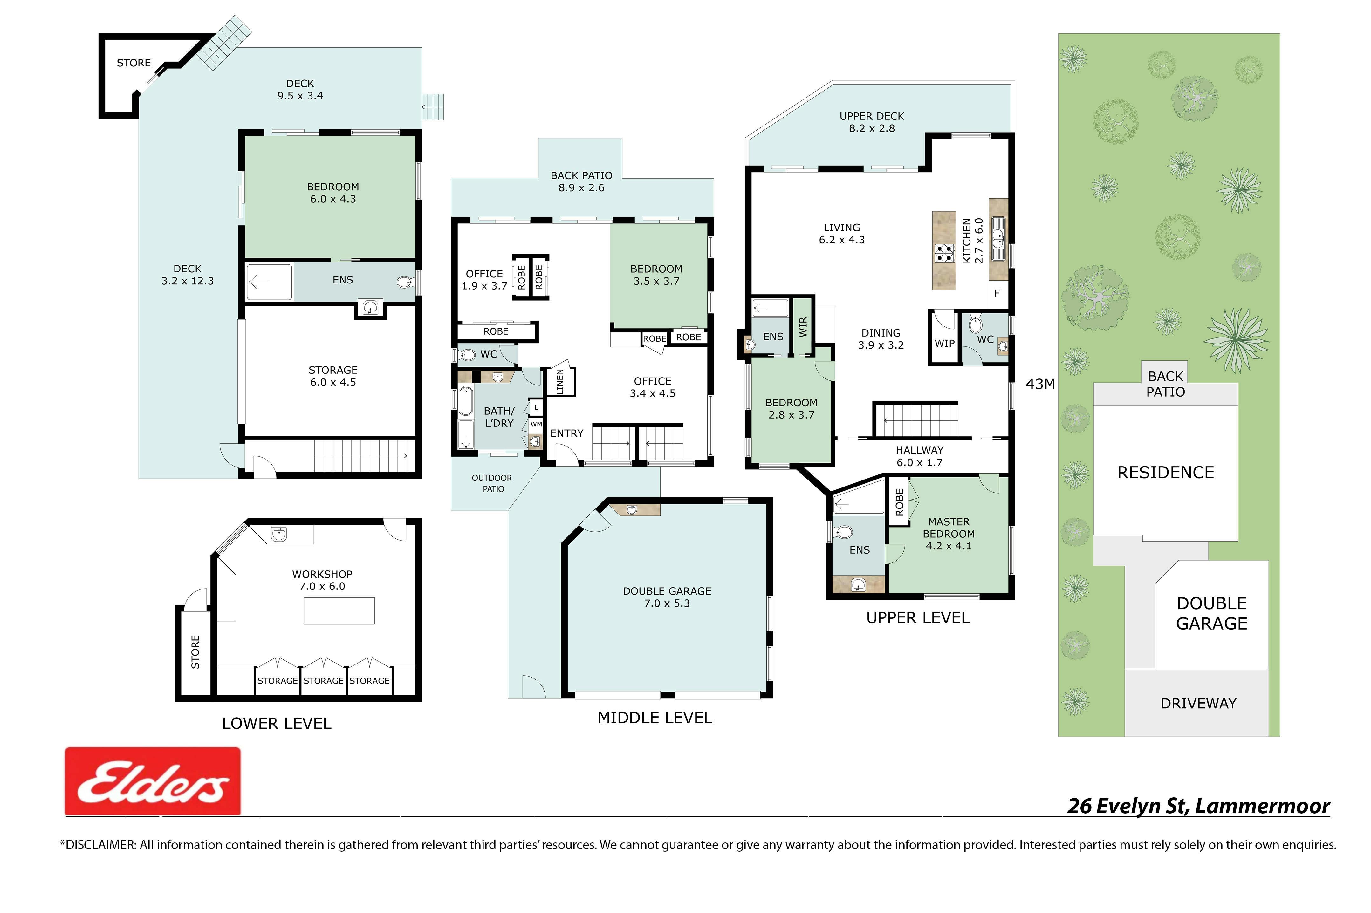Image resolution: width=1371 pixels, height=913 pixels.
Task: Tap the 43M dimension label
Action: point(1040,384)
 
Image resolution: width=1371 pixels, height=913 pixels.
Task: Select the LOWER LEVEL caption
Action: point(277,723)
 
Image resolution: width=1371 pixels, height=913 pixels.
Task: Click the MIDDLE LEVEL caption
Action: point(655,717)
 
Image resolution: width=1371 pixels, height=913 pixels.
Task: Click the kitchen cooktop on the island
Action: point(944,253)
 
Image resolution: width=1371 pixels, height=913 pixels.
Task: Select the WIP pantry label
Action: point(944,344)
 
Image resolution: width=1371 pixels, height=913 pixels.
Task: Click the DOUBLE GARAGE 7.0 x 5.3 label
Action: point(667,597)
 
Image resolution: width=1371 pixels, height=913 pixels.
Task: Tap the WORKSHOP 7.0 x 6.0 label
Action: point(322,580)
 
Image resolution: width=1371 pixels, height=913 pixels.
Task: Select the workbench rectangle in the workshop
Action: point(339,611)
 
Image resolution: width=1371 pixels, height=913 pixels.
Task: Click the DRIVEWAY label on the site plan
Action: point(1198,703)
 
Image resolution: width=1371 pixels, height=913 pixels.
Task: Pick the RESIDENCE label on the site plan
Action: point(1165,472)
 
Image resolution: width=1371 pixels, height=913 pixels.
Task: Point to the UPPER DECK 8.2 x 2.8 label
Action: point(872,122)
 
